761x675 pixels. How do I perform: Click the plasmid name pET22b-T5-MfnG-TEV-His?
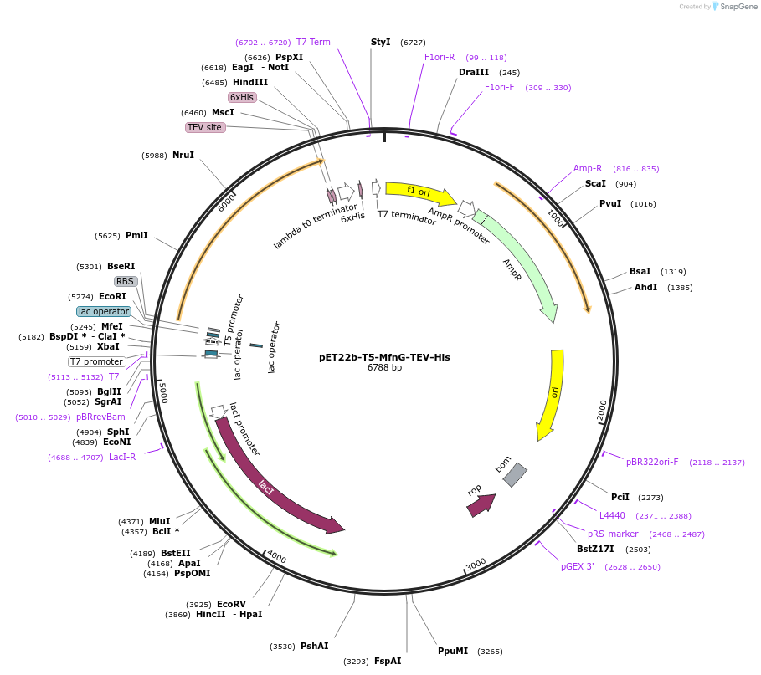pos(384,357)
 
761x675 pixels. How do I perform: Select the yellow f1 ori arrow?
pos(419,193)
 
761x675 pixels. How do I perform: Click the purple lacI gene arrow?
pos(276,485)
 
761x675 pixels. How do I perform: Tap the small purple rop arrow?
pos(481,504)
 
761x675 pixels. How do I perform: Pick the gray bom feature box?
pos(515,474)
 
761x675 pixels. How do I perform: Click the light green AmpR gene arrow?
pos(519,268)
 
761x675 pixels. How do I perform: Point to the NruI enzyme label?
pos(183,155)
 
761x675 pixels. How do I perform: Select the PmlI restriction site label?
pos(136,236)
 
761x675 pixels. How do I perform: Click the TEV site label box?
pos(205,127)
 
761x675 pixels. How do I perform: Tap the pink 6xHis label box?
pos(242,97)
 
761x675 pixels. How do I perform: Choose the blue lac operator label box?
pos(104,311)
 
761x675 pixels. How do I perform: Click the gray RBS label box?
pos(125,281)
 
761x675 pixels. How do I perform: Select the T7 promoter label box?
pos(96,361)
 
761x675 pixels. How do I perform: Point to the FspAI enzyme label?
pos(388,661)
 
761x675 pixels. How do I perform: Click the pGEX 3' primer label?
pos(578,566)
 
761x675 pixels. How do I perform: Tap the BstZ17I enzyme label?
pos(595,549)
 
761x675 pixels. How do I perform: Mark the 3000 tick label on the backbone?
pos(476,565)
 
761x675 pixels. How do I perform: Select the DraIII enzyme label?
pos(474,72)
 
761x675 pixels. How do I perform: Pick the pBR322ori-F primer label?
pos(652,462)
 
